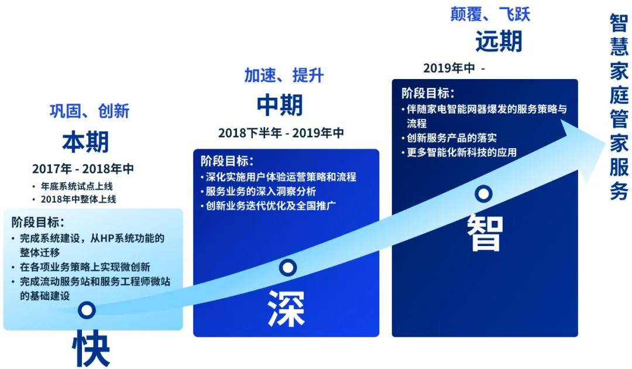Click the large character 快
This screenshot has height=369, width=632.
(91, 348)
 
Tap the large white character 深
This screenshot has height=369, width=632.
(287, 309)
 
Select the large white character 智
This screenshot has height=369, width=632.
(485, 233)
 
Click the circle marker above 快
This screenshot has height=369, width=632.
(87, 310)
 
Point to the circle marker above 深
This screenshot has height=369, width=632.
(288, 267)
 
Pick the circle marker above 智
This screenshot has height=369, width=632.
(483, 193)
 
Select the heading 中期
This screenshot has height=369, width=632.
(280, 105)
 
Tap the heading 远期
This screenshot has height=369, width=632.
(499, 41)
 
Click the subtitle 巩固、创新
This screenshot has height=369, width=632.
(90, 111)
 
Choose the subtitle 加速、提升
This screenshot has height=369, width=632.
(284, 75)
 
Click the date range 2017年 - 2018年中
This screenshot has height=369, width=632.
(83, 169)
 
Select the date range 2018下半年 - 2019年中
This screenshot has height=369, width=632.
(281, 133)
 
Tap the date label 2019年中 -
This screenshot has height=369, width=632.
(454, 68)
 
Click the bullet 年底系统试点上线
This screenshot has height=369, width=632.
(77, 186)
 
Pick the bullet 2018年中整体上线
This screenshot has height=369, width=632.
(78, 199)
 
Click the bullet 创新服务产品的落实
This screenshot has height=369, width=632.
(452, 138)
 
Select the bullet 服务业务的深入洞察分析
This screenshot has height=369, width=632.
(261, 191)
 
